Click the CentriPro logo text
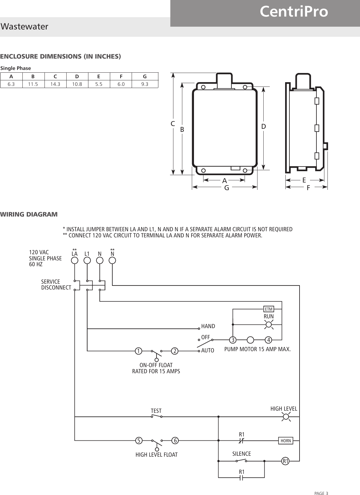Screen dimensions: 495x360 point(294,12)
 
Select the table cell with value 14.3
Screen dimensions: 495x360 point(55,84)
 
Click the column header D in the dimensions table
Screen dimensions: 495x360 point(77,76)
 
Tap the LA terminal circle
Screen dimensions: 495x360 point(75,260)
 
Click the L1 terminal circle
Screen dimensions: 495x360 point(87,260)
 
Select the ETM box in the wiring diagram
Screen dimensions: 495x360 point(269,309)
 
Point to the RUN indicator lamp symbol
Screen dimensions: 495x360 point(269,324)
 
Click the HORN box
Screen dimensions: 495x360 point(286,441)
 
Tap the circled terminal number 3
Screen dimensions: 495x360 point(233,340)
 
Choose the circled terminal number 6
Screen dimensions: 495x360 point(175,441)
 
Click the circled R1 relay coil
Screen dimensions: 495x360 point(286,461)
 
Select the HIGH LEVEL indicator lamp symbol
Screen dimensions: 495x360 point(286,416)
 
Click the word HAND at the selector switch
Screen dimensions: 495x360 point(208,326)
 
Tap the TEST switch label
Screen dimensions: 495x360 point(156,411)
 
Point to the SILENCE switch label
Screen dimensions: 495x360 point(242,454)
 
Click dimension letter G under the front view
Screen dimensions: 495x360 point(226,188)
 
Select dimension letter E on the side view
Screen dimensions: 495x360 point(304,180)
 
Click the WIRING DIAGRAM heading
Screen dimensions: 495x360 point(29,214)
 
